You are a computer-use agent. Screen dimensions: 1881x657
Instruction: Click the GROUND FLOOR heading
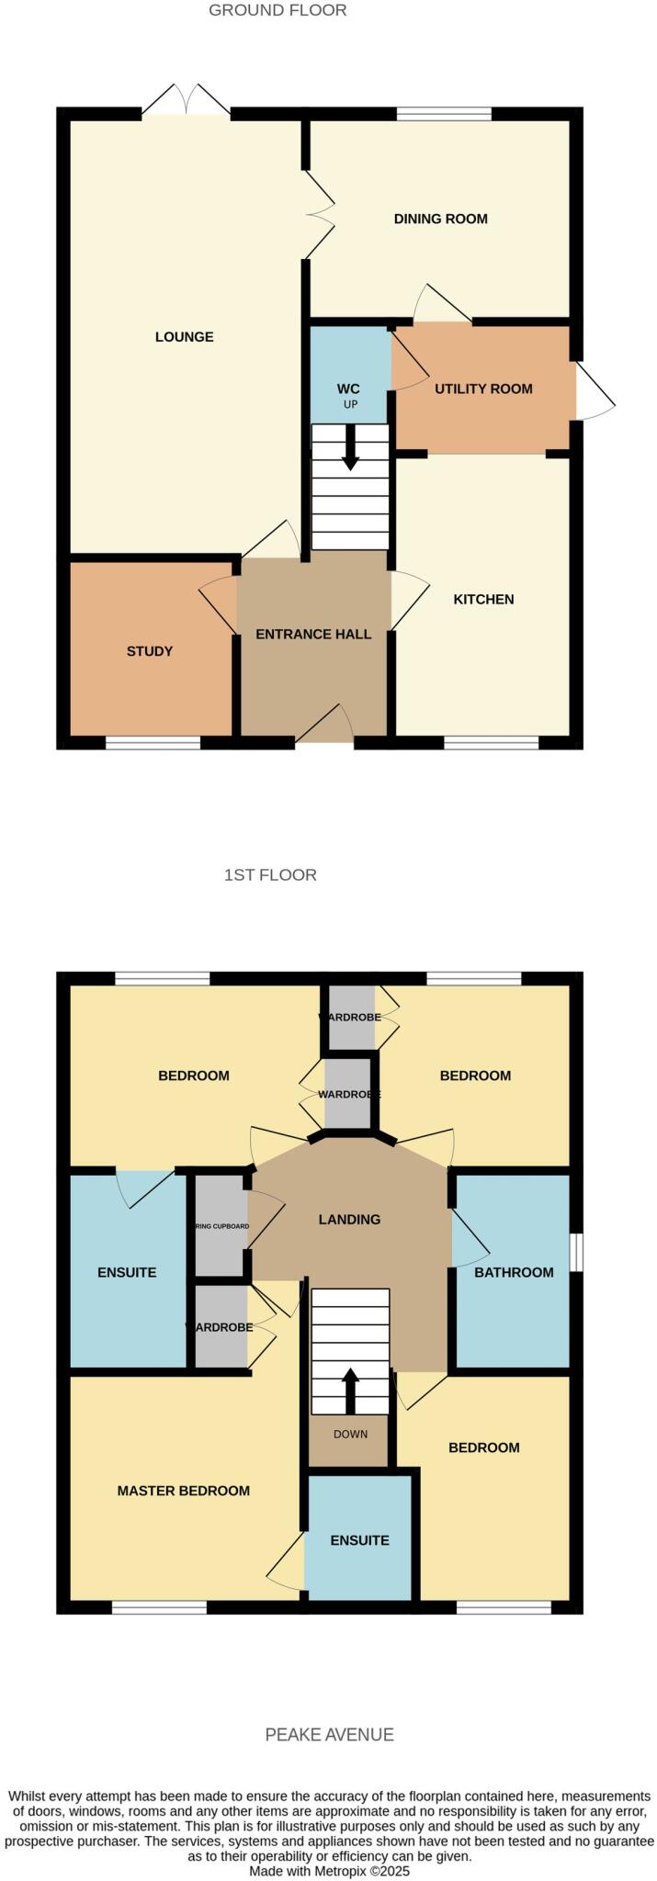tap(278, 11)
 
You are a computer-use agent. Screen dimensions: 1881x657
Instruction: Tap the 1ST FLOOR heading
tap(270, 875)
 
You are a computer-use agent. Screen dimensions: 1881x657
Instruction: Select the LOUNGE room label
tap(184, 337)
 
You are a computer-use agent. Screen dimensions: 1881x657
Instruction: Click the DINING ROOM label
tap(440, 219)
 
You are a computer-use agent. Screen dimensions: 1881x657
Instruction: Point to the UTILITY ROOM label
tap(483, 389)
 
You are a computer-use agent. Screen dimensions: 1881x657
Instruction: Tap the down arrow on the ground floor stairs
tap(350, 449)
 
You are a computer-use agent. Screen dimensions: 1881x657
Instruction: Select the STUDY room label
tap(150, 651)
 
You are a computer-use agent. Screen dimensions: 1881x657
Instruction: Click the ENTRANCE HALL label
tap(313, 634)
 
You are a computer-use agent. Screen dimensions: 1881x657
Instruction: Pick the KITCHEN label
tap(483, 600)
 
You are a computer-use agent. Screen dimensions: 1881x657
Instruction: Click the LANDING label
tap(349, 1220)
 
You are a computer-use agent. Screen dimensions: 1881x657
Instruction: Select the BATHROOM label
tap(514, 1272)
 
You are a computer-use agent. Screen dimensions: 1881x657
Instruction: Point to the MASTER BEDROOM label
tap(183, 1491)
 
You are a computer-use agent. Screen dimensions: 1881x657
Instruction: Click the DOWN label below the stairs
tap(350, 1435)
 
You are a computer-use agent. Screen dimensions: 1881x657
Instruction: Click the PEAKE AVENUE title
tap(329, 1734)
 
